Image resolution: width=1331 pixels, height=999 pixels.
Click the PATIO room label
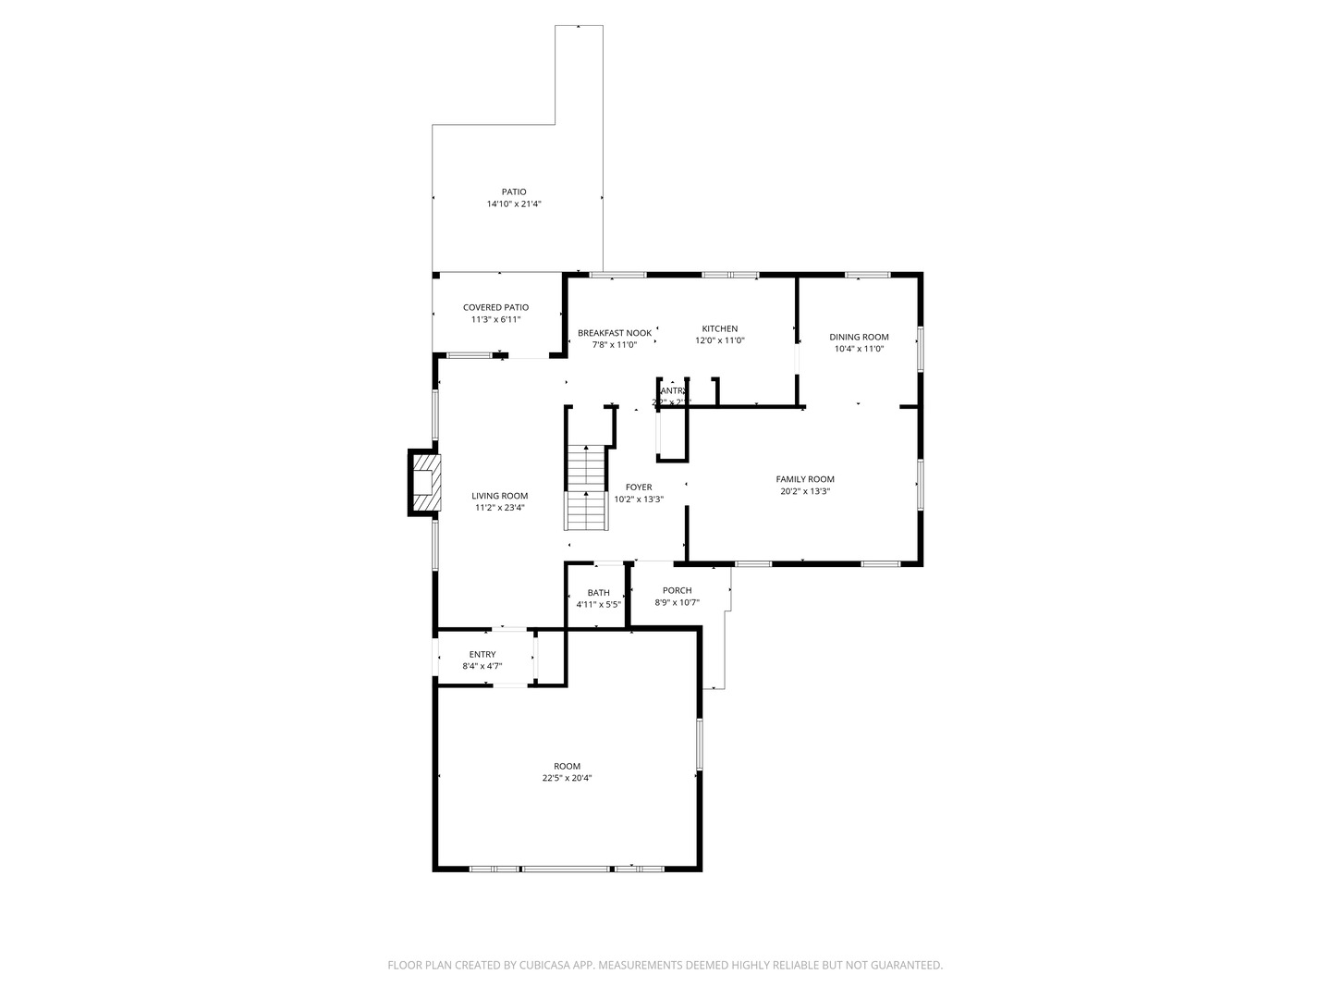pos(514,192)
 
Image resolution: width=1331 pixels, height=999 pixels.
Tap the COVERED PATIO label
pos(496,307)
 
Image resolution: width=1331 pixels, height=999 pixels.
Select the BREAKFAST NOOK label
pos(615,332)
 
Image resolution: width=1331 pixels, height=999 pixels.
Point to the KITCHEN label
pos(720,328)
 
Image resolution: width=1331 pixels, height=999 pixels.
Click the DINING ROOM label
pos(859,337)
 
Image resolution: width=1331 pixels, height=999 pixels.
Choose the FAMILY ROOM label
pos(805,479)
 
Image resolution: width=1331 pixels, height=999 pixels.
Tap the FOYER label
pos(639,487)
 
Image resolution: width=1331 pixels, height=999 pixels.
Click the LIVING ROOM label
pos(500,496)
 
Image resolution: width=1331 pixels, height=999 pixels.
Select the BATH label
pos(599,593)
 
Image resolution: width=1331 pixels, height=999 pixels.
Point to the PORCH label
pos(678,590)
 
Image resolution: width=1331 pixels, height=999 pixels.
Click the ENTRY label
pos(482,654)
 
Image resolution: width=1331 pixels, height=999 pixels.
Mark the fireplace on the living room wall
pos(424,481)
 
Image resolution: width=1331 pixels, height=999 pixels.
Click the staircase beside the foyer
pos(586,487)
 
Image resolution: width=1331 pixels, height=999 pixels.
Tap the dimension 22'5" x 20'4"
pos(568,778)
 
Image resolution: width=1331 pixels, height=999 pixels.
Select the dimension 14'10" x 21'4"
pos(514,203)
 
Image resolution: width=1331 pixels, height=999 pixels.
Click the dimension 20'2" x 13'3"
pos(805,491)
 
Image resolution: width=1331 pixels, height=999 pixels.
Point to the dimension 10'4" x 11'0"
pos(859,349)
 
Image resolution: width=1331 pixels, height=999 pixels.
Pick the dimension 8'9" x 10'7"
pos(678,602)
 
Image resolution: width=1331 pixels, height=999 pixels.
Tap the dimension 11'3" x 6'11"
pos(496,319)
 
